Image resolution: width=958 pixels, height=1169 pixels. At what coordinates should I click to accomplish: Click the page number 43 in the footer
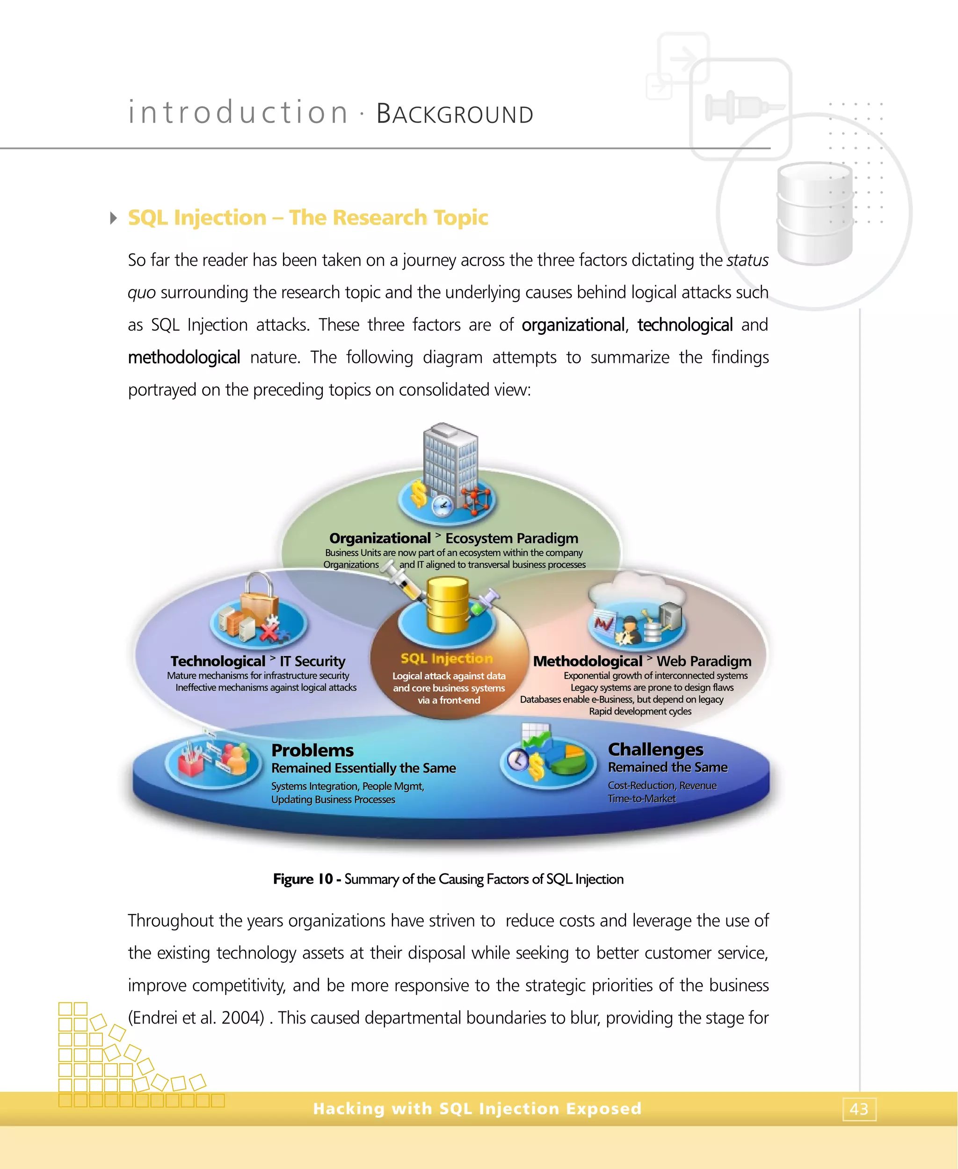[x=859, y=1108]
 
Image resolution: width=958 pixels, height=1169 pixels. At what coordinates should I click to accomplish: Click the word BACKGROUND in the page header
[x=455, y=114]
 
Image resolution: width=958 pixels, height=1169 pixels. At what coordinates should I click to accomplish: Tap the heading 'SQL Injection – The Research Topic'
[x=308, y=217]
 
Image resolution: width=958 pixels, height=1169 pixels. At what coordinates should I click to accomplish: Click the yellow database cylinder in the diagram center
[x=448, y=605]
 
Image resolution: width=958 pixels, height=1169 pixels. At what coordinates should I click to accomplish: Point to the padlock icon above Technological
[x=258, y=593]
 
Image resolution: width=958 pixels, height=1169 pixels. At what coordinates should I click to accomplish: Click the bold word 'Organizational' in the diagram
[x=380, y=538]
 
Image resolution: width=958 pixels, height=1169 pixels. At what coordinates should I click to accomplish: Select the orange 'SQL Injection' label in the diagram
[x=446, y=658]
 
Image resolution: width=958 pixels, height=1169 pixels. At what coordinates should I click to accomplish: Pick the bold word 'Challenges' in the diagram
[x=656, y=749]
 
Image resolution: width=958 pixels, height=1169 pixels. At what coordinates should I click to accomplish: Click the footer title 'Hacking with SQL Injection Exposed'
[x=477, y=1108]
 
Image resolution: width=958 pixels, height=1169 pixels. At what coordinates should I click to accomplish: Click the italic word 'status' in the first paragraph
[x=747, y=260]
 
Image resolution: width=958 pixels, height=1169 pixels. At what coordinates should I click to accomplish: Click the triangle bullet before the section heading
[x=114, y=218]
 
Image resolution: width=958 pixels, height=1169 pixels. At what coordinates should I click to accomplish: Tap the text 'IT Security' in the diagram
[x=312, y=661]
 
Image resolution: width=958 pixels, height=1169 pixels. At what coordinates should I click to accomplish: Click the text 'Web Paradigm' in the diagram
[x=704, y=661]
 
